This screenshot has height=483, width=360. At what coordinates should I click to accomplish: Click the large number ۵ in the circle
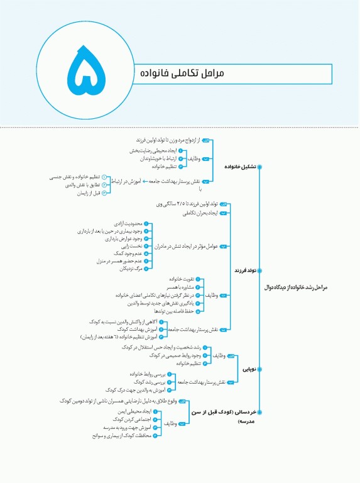pos(82,73)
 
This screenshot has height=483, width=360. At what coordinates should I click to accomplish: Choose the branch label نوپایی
pos(249,370)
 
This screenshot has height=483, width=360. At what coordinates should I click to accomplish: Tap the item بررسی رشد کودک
pos(133,382)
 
